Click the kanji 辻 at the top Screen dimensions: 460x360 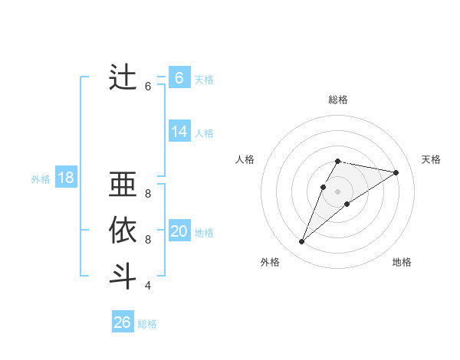click(x=123, y=77)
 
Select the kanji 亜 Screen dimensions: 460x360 click(x=123, y=186)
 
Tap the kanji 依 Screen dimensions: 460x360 click(x=123, y=231)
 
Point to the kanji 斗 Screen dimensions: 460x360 click(x=123, y=276)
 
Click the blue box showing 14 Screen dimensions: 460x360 click(x=179, y=132)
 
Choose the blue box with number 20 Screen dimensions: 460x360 click(x=179, y=231)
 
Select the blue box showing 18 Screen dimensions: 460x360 click(x=66, y=178)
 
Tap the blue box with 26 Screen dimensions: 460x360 click(x=123, y=322)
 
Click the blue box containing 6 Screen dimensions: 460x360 click(x=179, y=77)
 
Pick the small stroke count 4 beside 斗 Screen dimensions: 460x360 click(x=148, y=286)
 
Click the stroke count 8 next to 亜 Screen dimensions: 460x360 click(x=148, y=194)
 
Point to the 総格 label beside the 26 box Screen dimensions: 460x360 click(x=147, y=324)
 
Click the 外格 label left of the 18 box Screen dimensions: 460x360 click(x=41, y=179)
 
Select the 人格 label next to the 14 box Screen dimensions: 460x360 click(x=204, y=133)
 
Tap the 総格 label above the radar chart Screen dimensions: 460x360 click(x=338, y=100)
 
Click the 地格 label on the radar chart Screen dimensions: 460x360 click(x=402, y=262)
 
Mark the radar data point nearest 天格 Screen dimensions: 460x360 click(x=396, y=172)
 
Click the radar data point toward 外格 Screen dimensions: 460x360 click(x=302, y=242)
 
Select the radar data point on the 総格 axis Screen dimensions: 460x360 click(x=338, y=161)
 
